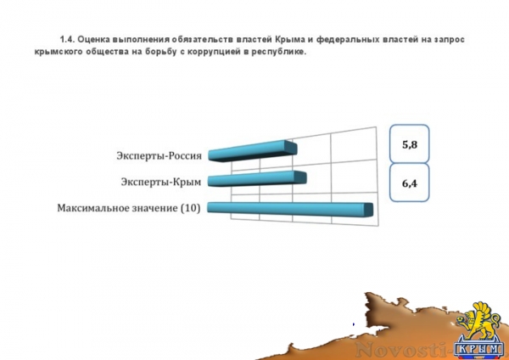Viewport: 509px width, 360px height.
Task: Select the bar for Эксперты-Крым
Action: [255, 179]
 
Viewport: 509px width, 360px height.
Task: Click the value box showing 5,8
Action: [411, 145]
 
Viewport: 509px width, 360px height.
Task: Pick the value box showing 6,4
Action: [411, 183]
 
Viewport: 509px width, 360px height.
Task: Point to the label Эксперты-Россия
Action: [159, 155]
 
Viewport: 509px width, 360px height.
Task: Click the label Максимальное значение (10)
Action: [128, 207]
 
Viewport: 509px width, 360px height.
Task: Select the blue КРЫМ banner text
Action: [479, 347]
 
